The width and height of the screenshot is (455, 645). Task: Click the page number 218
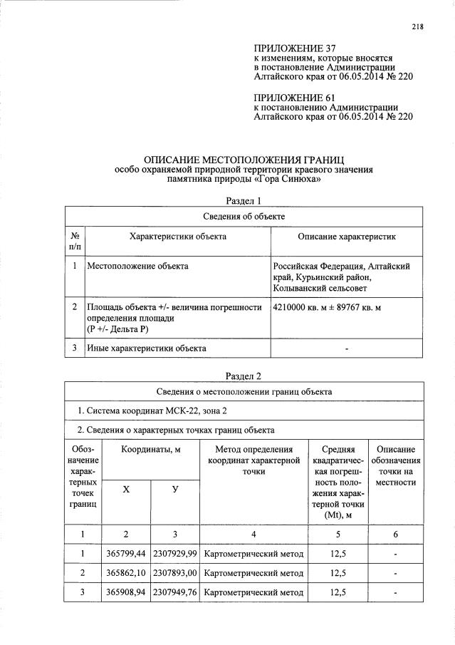pyautogui.click(x=417, y=27)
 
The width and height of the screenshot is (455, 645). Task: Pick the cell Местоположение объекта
pyautogui.click(x=137, y=266)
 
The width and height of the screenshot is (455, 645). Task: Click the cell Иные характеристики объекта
pyautogui.click(x=147, y=349)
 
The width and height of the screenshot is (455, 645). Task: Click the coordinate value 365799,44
pyautogui.click(x=125, y=554)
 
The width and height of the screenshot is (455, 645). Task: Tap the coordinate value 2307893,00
pyautogui.click(x=175, y=573)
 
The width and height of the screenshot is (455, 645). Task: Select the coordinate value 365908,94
pyautogui.click(x=125, y=592)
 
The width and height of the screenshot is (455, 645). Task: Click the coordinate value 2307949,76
pyautogui.click(x=175, y=592)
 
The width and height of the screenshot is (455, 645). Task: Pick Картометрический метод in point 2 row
pyautogui.click(x=253, y=573)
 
